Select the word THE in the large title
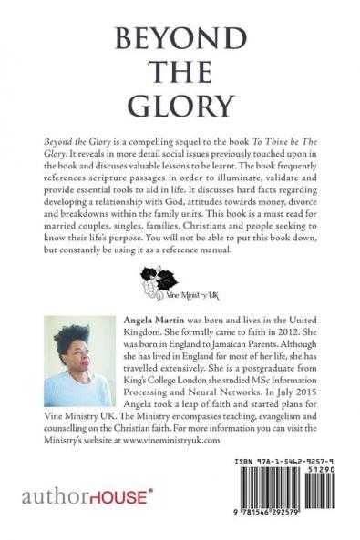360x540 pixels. pos(179,73)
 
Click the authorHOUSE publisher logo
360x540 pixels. pos(80,502)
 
